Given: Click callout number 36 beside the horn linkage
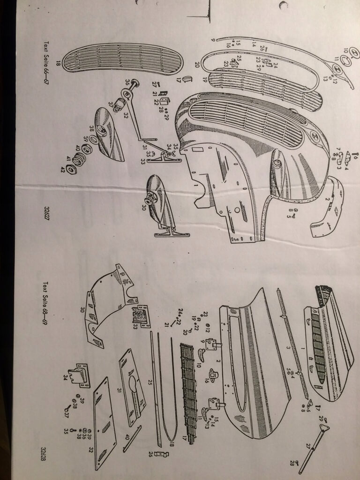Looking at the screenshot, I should click(x=127, y=82).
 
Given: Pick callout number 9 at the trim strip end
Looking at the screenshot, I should click(x=212, y=40).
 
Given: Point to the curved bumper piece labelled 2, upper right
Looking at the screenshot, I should click(x=328, y=206).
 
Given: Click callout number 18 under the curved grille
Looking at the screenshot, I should click(x=58, y=63).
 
